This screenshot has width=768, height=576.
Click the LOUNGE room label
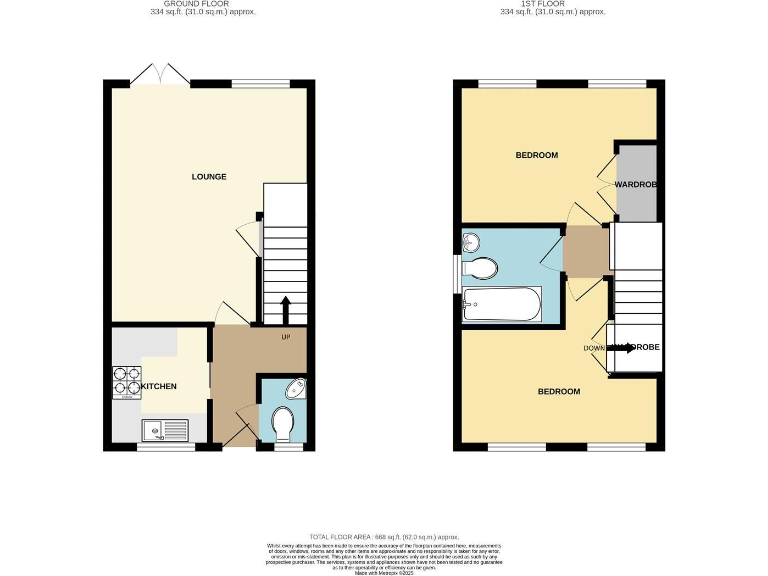tap(209, 177)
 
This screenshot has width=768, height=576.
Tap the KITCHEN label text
tap(159, 386)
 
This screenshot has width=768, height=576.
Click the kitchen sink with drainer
tap(164, 430)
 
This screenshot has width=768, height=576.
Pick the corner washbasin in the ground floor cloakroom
tap(297, 390)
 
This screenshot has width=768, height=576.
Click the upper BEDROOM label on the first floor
tap(536, 156)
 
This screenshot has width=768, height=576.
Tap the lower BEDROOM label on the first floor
tap(559, 391)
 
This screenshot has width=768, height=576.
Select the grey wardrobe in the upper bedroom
tap(636, 184)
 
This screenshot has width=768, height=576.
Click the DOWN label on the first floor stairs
tap(596, 348)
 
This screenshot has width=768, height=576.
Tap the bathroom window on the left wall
tap(458, 270)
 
